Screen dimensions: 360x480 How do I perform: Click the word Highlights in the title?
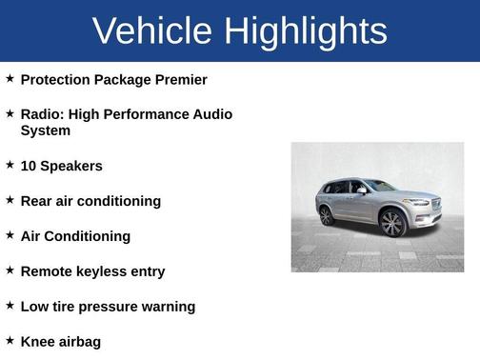click(307, 31)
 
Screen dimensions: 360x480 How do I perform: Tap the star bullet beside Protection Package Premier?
click(10, 78)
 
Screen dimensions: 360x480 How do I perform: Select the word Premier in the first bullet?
click(179, 80)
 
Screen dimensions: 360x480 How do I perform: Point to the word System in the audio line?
click(45, 130)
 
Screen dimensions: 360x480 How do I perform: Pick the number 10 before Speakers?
click(29, 166)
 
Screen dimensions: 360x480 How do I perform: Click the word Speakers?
click(71, 166)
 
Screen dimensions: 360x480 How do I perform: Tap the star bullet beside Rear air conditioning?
click(10, 200)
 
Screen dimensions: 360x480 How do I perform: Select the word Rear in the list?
click(37, 201)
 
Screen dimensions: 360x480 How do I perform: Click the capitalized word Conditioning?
click(89, 236)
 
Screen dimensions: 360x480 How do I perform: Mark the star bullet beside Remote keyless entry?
click(10, 270)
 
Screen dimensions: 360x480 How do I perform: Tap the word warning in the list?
click(170, 307)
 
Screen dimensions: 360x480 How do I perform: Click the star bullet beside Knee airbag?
click(10, 340)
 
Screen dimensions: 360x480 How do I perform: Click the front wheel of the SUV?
click(391, 223)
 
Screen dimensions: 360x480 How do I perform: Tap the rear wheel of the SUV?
click(327, 215)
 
